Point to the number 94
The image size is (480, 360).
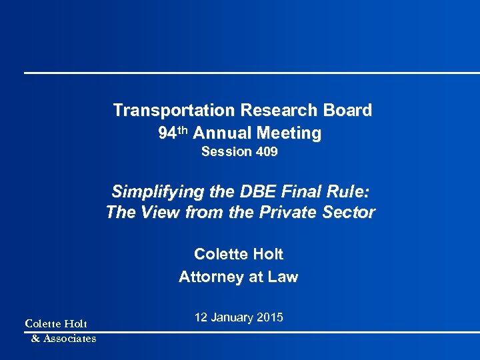pyautogui.click(x=167, y=133)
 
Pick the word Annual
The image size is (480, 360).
pyautogui.click(x=221, y=133)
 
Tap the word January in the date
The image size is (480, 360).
pyautogui.click(x=233, y=317)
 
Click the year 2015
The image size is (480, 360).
pyautogui.click(x=270, y=317)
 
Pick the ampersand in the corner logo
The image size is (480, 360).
pyautogui.click(x=35, y=338)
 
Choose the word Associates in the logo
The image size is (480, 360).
pyautogui.click(x=69, y=338)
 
